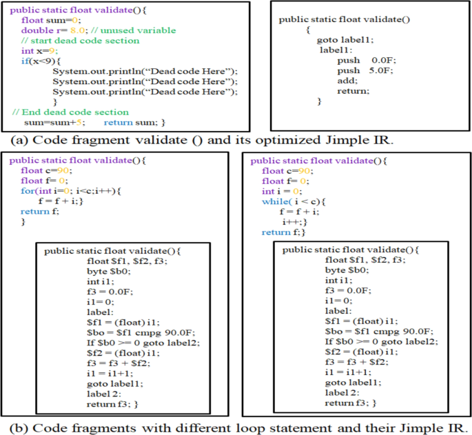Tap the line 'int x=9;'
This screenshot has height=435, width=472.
point(39,51)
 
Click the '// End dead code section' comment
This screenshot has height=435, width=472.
point(70,112)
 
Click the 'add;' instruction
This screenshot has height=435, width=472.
point(347,81)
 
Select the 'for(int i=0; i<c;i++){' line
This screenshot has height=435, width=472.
point(70,190)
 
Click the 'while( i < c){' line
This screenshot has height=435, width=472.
point(292,201)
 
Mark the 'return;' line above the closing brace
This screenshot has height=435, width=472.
point(353,91)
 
